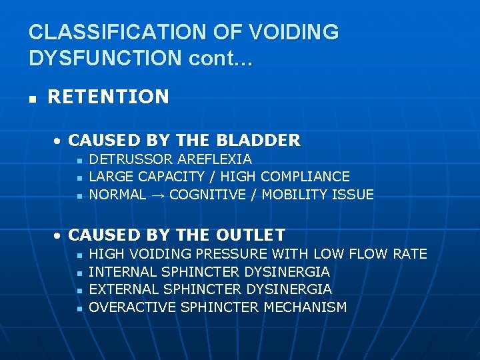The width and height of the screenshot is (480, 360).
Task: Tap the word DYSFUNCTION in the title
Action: tap(105, 58)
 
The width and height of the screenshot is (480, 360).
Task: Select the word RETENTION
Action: tap(108, 97)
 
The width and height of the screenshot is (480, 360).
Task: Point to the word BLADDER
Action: tap(267, 141)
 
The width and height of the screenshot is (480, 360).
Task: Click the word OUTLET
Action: tap(251, 235)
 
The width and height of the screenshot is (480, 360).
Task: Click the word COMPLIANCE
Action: tap(305, 177)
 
